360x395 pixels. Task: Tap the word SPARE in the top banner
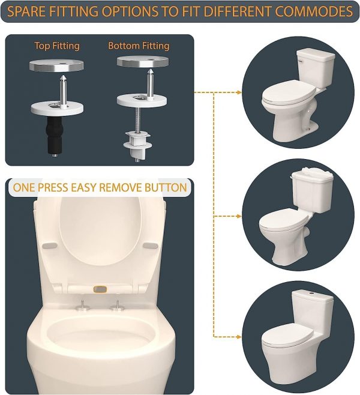coord(26,11)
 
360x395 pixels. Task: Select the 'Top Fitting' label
coord(57,46)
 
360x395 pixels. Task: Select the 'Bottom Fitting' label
coord(139,46)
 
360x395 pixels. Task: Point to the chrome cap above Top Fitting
coord(56,65)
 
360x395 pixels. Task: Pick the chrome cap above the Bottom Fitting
coord(143,61)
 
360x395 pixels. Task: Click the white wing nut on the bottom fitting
coord(137,142)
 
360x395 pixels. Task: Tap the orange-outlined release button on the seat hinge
coord(100,289)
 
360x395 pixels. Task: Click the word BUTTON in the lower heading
coord(166,187)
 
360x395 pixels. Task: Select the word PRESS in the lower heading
coord(53,187)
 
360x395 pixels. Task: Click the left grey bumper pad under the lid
coord(50,246)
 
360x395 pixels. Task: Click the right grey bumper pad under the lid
coord(150,246)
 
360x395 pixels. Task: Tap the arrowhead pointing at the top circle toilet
coord(239,92)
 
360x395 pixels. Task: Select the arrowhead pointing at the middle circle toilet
coord(239,216)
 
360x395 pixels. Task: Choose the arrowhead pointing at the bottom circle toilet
coord(239,337)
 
